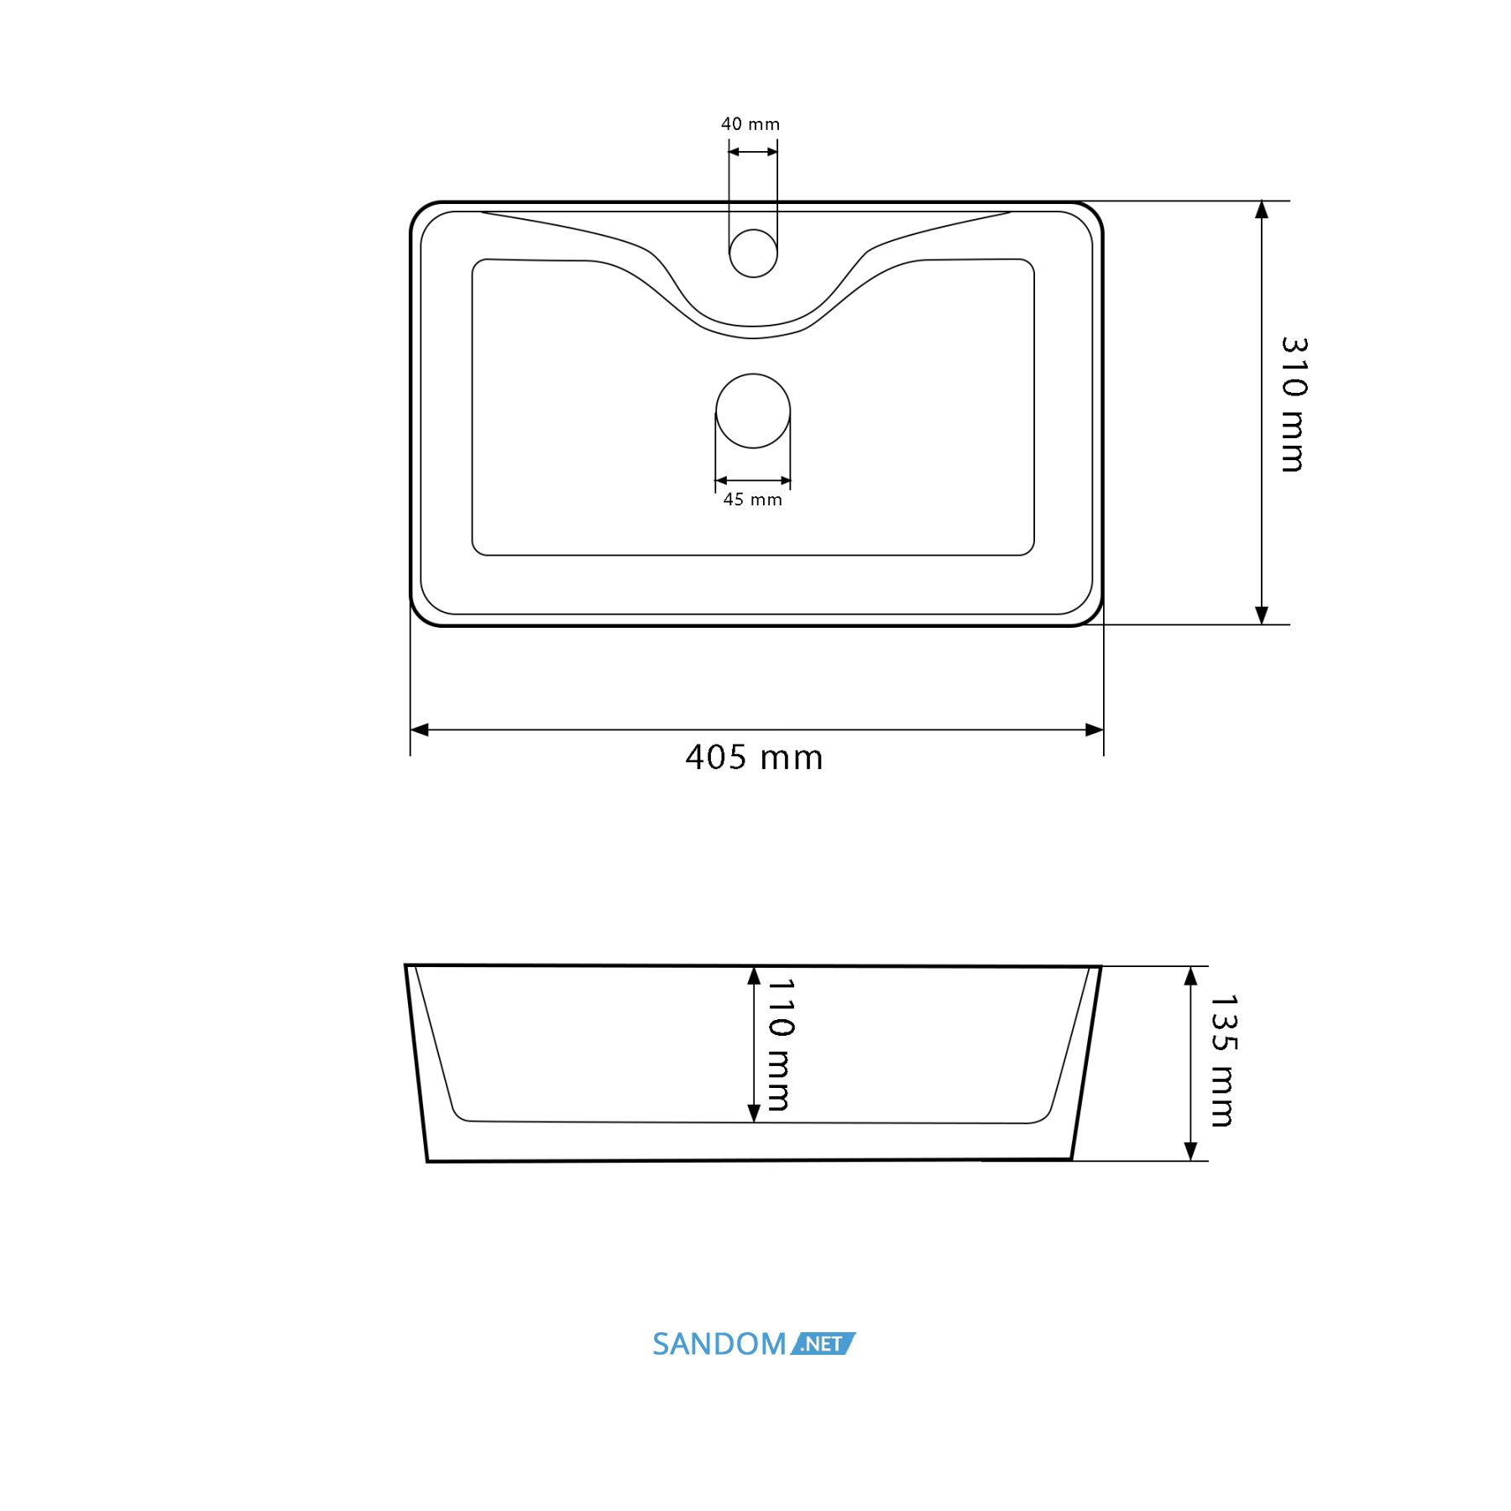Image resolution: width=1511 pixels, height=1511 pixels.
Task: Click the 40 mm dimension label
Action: click(750, 124)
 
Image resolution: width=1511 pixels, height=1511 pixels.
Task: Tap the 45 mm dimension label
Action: click(753, 499)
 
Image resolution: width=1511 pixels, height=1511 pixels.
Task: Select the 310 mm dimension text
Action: click(1294, 405)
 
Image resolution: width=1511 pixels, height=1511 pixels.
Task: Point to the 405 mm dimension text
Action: click(754, 757)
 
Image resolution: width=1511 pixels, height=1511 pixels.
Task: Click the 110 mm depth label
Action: click(781, 1044)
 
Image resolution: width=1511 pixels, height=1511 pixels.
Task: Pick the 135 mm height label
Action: click(1223, 1060)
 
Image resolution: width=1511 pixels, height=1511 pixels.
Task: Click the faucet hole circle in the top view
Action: click(753, 253)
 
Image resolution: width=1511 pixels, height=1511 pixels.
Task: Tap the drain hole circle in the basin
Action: click(753, 410)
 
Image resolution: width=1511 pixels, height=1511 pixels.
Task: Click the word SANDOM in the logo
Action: click(719, 1344)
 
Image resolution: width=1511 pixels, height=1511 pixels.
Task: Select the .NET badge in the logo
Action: click(823, 1344)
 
